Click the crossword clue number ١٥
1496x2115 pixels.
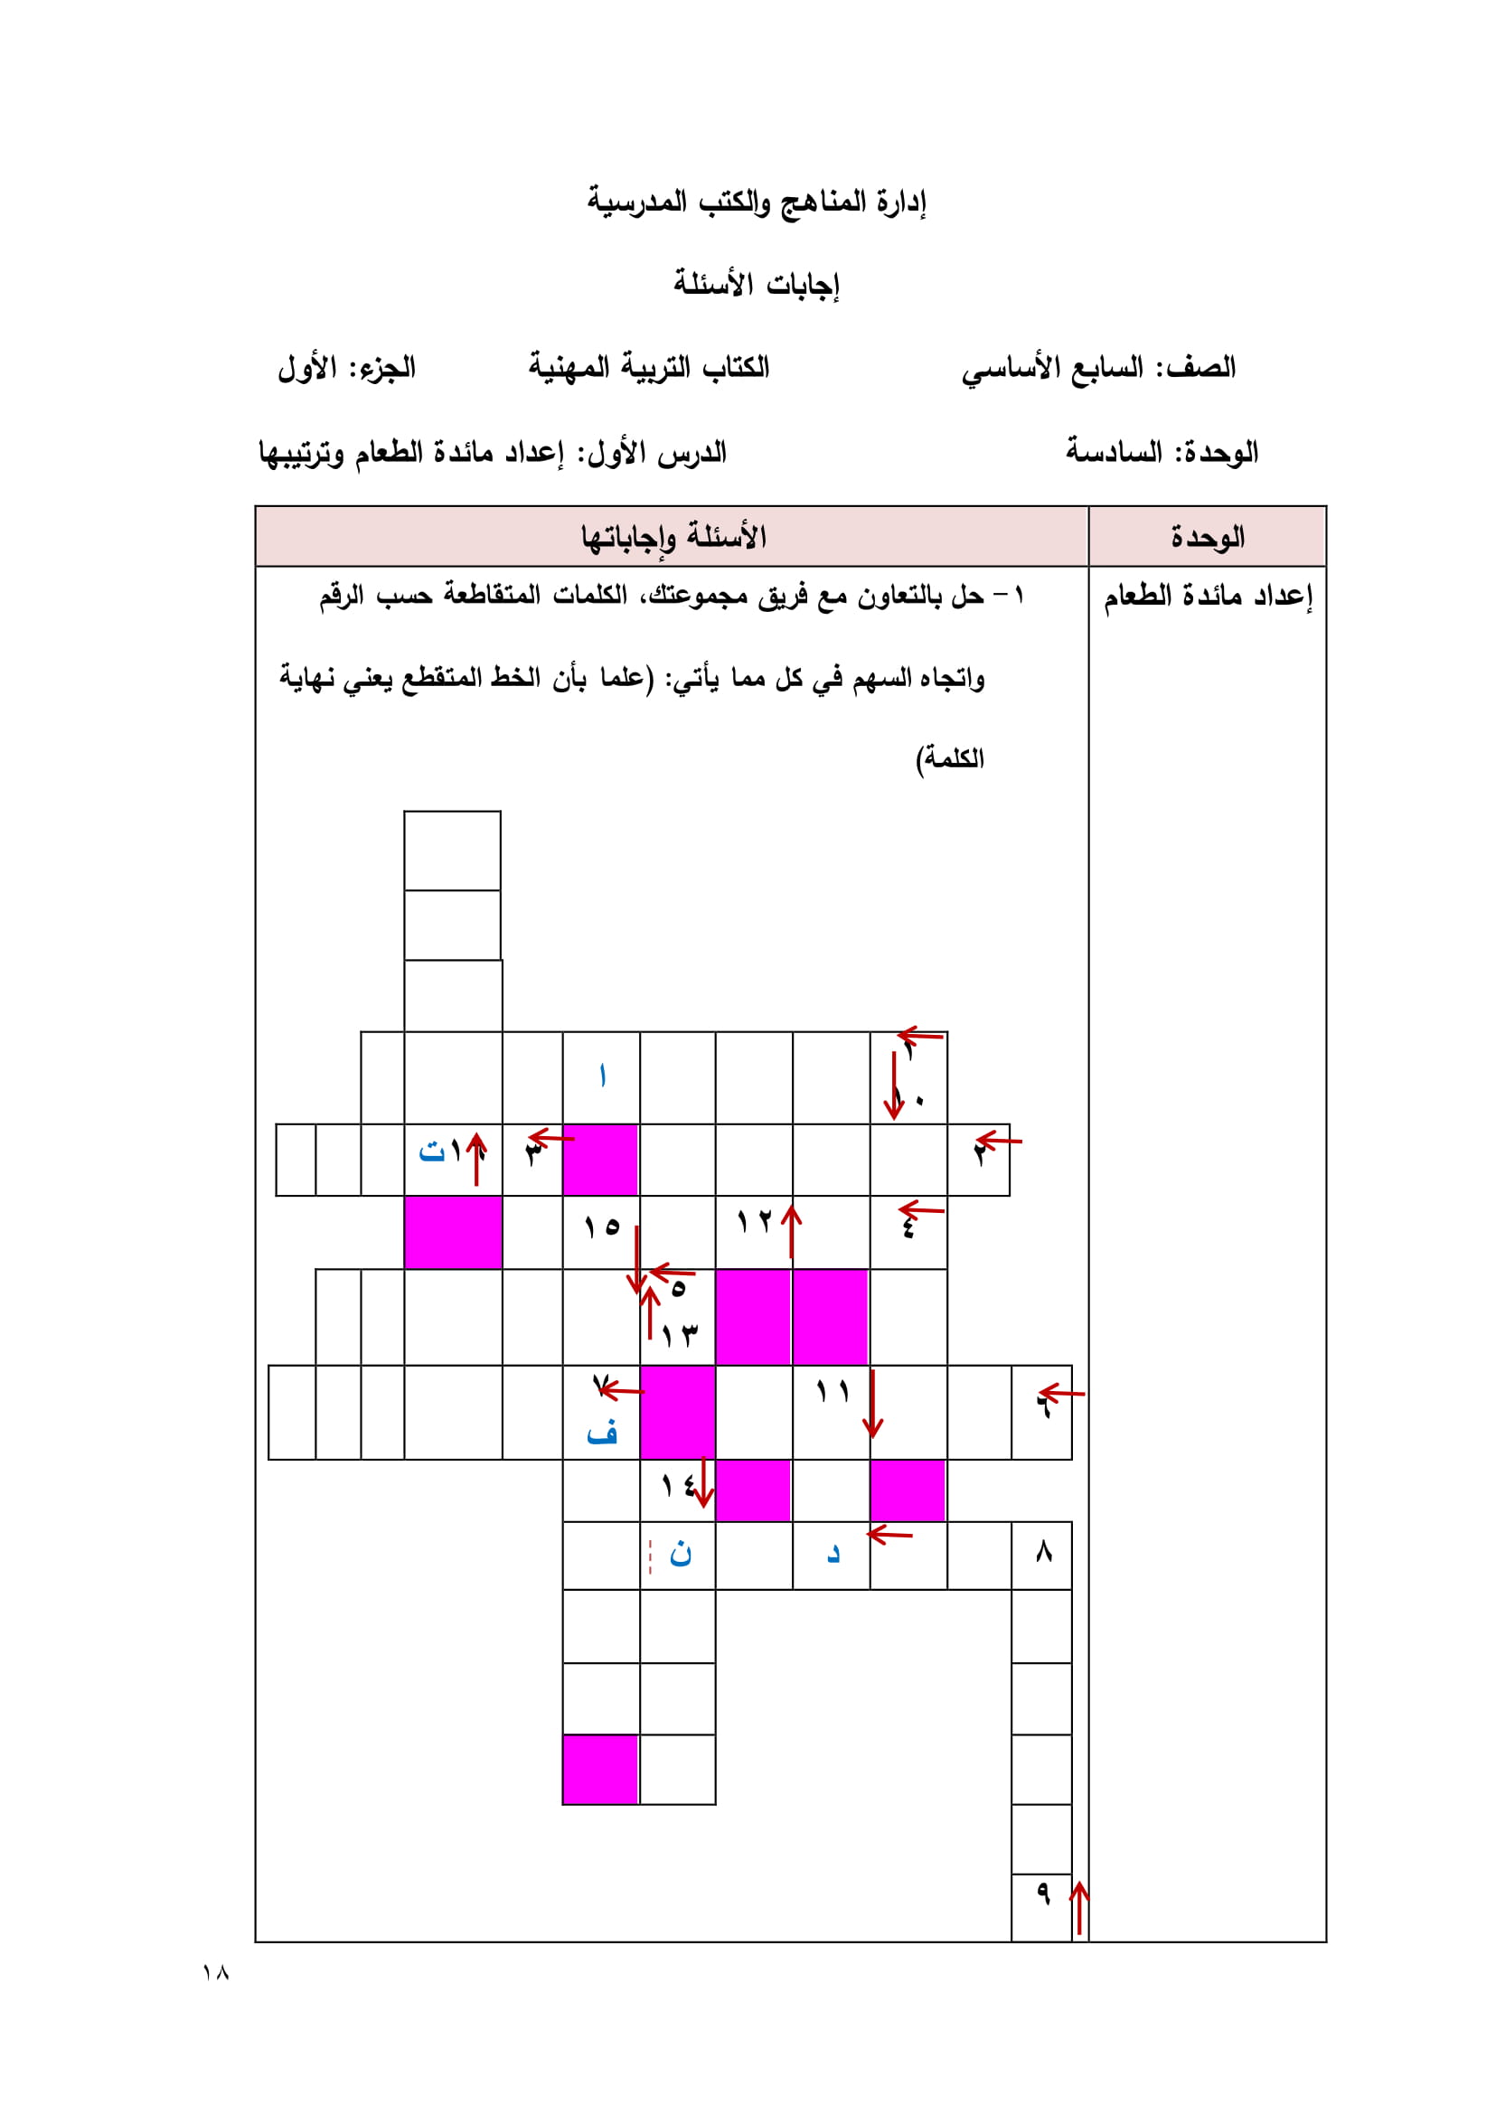(601, 1227)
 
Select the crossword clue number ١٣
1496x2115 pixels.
(680, 1334)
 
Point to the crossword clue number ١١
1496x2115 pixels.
(833, 1392)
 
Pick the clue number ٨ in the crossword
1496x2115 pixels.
(1043, 1552)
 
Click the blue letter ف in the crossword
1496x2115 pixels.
(601, 1433)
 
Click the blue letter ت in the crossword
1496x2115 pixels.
(431, 1151)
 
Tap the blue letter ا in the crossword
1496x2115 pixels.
(601, 1075)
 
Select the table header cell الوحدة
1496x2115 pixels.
(1207, 536)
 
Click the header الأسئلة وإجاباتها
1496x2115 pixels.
(673, 536)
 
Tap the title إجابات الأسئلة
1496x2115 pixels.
(756, 284)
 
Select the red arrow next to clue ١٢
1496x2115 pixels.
(790, 1231)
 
